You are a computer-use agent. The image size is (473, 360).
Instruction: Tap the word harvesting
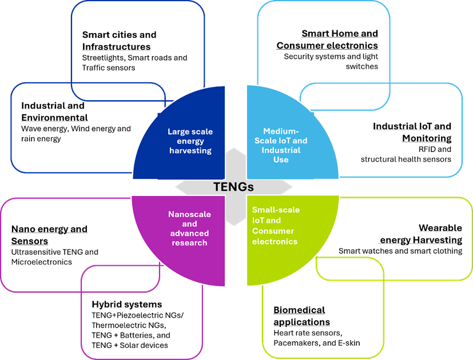(x=190, y=150)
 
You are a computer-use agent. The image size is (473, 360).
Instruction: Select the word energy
(x=190, y=141)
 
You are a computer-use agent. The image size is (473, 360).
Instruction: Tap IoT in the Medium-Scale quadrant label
(x=289, y=141)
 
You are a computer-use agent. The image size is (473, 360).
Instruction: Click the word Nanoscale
(x=189, y=214)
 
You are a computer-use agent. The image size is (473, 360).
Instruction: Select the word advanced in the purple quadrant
(x=189, y=233)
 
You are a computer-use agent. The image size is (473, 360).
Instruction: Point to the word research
(x=189, y=243)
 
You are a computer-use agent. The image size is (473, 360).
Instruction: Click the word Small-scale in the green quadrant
(x=276, y=210)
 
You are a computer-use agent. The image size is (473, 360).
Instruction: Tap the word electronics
(x=275, y=241)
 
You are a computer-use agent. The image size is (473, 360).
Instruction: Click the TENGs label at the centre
(x=233, y=187)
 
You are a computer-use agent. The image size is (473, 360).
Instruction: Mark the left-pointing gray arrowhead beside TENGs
(x=181, y=187)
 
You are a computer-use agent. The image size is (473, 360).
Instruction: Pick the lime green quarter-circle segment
(x=297, y=257)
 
